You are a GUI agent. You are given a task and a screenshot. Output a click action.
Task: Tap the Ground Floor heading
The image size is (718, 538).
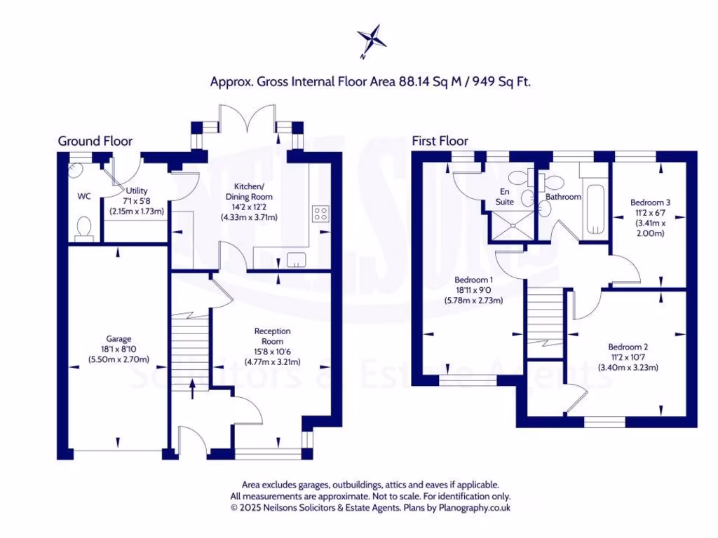click(95, 141)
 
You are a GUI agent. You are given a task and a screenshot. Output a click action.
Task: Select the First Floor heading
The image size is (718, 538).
click(440, 141)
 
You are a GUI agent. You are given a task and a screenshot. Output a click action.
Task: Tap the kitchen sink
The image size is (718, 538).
click(297, 260)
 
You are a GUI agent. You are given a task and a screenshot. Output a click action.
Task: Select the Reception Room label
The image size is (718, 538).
click(272, 336)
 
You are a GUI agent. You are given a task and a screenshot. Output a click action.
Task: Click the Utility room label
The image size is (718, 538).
click(136, 191)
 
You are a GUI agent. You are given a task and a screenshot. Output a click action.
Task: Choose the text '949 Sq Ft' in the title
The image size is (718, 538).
click(501, 81)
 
